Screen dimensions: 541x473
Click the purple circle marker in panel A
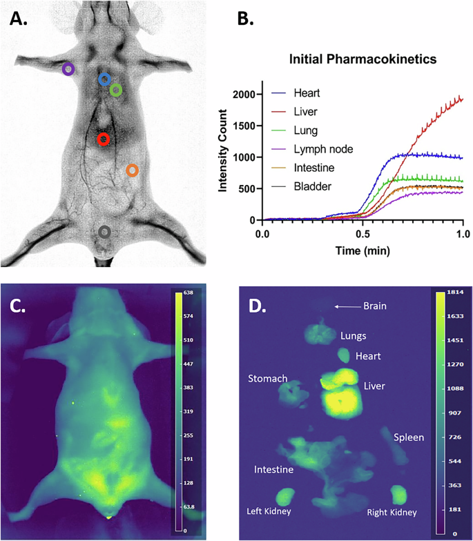click(x=68, y=69)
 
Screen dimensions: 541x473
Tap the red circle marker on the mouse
click(x=104, y=139)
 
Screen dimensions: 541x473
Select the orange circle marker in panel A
click(x=132, y=170)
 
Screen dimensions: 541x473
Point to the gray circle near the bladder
click(x=104, y=232)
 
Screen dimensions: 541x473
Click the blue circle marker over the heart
click(x=104, y=79)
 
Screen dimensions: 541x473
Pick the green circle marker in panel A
click(x=116, y=90)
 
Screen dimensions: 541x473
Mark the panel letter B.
click(x=247, y=19)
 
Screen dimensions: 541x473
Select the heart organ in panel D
click(x=343, y=355)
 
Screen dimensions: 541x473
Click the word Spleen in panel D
click(x=408, y=437)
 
